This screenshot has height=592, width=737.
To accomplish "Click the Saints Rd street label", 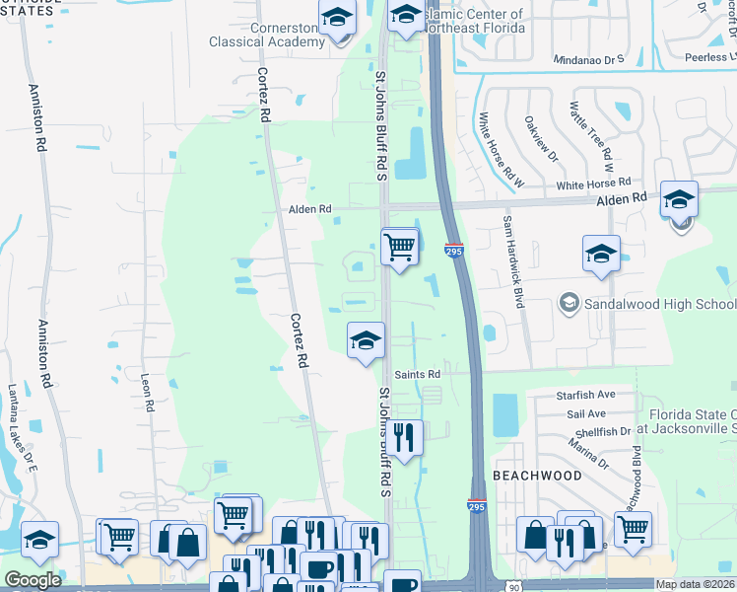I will [x=417, y=374].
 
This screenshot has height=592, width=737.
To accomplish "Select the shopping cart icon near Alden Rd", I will [x=399, y=246].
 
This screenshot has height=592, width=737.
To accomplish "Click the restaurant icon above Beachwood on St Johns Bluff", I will [x=404, y=437].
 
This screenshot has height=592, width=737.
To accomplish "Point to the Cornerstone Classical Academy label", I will [x=267, y=36].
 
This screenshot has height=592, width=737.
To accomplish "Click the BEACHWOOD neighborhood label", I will [x=538, y=476].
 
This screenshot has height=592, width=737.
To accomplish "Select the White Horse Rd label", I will [x=592, y=185].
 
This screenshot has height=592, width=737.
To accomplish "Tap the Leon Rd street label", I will [x=149, y=392].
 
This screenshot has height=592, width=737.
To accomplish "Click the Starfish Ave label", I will [x=586, y=394].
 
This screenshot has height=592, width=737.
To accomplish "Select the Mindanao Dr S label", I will [x=588, y=58].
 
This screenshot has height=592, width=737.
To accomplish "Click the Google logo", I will [x=33, y=580].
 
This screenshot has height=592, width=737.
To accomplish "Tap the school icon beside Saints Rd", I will [x=366, y=342].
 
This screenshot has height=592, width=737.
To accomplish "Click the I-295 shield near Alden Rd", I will [x=454, y=251].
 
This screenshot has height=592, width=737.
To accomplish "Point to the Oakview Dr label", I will [x=541, y=141].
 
